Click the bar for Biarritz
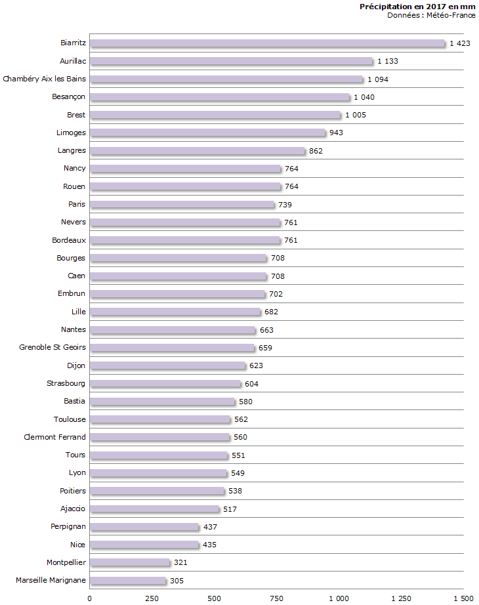tap(267, 43)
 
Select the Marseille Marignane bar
tap(128, 581)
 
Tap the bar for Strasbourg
tap(165, 384)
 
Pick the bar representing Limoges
tap(207, 133)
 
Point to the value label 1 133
tap(388, 61)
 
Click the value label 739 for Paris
tap(285, 205)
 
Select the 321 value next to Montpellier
tap(181, 562)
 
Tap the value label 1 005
tap(356, 115)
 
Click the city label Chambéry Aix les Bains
tap(44, 79)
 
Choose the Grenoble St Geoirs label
tap(52, 347)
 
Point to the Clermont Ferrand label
tap(54, 437)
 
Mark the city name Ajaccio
tap(73, 509)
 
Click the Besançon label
tap(69, 96)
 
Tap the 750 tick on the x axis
tap(276, 598)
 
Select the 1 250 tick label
tap(401, 598)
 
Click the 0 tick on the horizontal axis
tap(90, 598)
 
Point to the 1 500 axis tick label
tap(463, 598)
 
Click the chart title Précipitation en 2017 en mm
tap(417, 7)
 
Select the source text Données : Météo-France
tap(431, 15)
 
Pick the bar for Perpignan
tap(144, 527)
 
